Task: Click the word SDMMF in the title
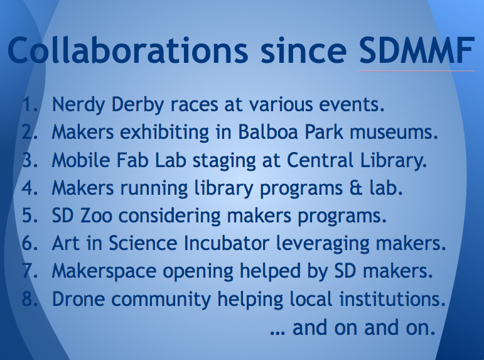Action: click(x=417, y=50)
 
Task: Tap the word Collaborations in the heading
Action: click(x=127, y=50)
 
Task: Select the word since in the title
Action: click(x=303, y=50)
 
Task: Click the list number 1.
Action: click(x=30, y=104)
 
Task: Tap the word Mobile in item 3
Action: click(x=81, y=160)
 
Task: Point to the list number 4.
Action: click(x=30, y=188)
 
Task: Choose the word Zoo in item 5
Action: click(x=96, y=215)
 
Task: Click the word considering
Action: click(x=169, y=216)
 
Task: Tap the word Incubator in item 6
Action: click(x=226, y=243)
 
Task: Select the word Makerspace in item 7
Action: click(x=104, y=272)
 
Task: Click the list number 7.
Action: click(x=30, y=271)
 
